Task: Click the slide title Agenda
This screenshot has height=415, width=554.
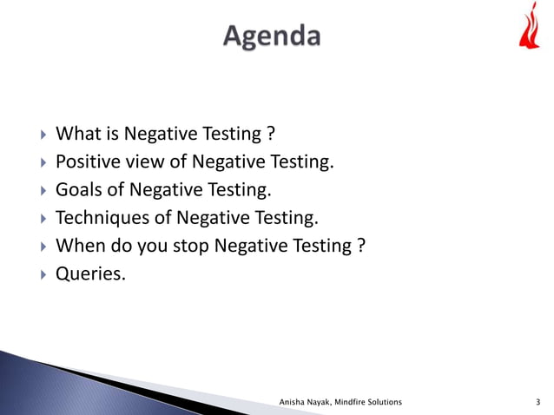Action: (x=272, y=36)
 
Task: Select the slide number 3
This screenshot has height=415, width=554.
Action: (x=539, y=403)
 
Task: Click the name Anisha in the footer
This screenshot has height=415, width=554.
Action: (x=295, y=403)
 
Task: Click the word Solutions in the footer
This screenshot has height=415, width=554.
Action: (x=386, y=403)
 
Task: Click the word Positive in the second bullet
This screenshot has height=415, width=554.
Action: (x=89, y=162)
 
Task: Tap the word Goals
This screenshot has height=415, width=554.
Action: (x=78, y=190)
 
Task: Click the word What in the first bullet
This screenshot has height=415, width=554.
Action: (x=77, y=135)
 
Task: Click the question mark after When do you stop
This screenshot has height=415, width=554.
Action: (x=359, y=247)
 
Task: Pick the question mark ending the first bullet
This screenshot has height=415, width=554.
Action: (x=271, y=135)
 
